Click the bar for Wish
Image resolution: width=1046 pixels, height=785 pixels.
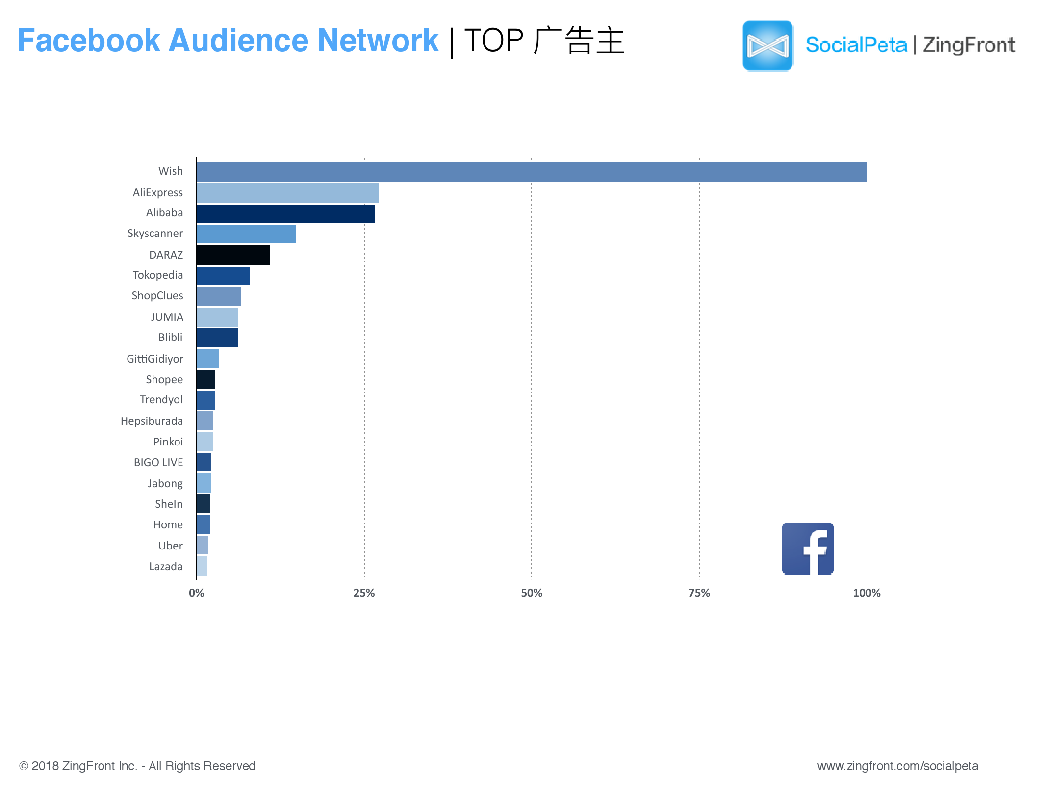click(x=532, y=172)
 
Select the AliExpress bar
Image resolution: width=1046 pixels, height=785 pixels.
click(x=288, y=193)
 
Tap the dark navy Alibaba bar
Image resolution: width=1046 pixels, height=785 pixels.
click(x=286, y=214)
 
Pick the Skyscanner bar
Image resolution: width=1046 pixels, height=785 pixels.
click(x=246, y=234)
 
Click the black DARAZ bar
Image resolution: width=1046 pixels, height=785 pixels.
click(x=233, y=255)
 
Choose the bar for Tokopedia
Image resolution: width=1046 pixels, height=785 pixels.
click(x=223, y=276)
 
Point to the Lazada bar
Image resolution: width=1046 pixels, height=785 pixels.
click(x=202, y=566)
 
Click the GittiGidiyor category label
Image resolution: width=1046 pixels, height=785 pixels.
click(x=154, y=359)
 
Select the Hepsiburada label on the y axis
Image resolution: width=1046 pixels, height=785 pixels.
click(x=152, y=421)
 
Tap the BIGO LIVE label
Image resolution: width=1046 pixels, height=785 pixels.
click(x=158, y=462)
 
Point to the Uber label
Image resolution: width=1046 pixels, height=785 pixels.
click(x=170, y=546)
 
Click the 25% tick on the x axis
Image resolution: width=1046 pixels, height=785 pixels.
click(x=364, y=593)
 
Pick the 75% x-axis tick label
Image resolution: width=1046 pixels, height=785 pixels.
click(x=699, y=593)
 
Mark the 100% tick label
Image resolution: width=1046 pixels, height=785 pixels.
click(x=867, y=593)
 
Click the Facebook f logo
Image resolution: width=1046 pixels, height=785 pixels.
click(x=808, y=549)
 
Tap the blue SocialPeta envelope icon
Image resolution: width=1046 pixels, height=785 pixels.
click(x=767, y=46)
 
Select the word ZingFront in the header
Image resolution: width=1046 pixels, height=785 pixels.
click(x=969, y=45)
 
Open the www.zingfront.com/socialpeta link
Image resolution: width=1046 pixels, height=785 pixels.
click(x=897, y=766)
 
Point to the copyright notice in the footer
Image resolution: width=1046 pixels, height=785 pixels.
click(x=137, y=766)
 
